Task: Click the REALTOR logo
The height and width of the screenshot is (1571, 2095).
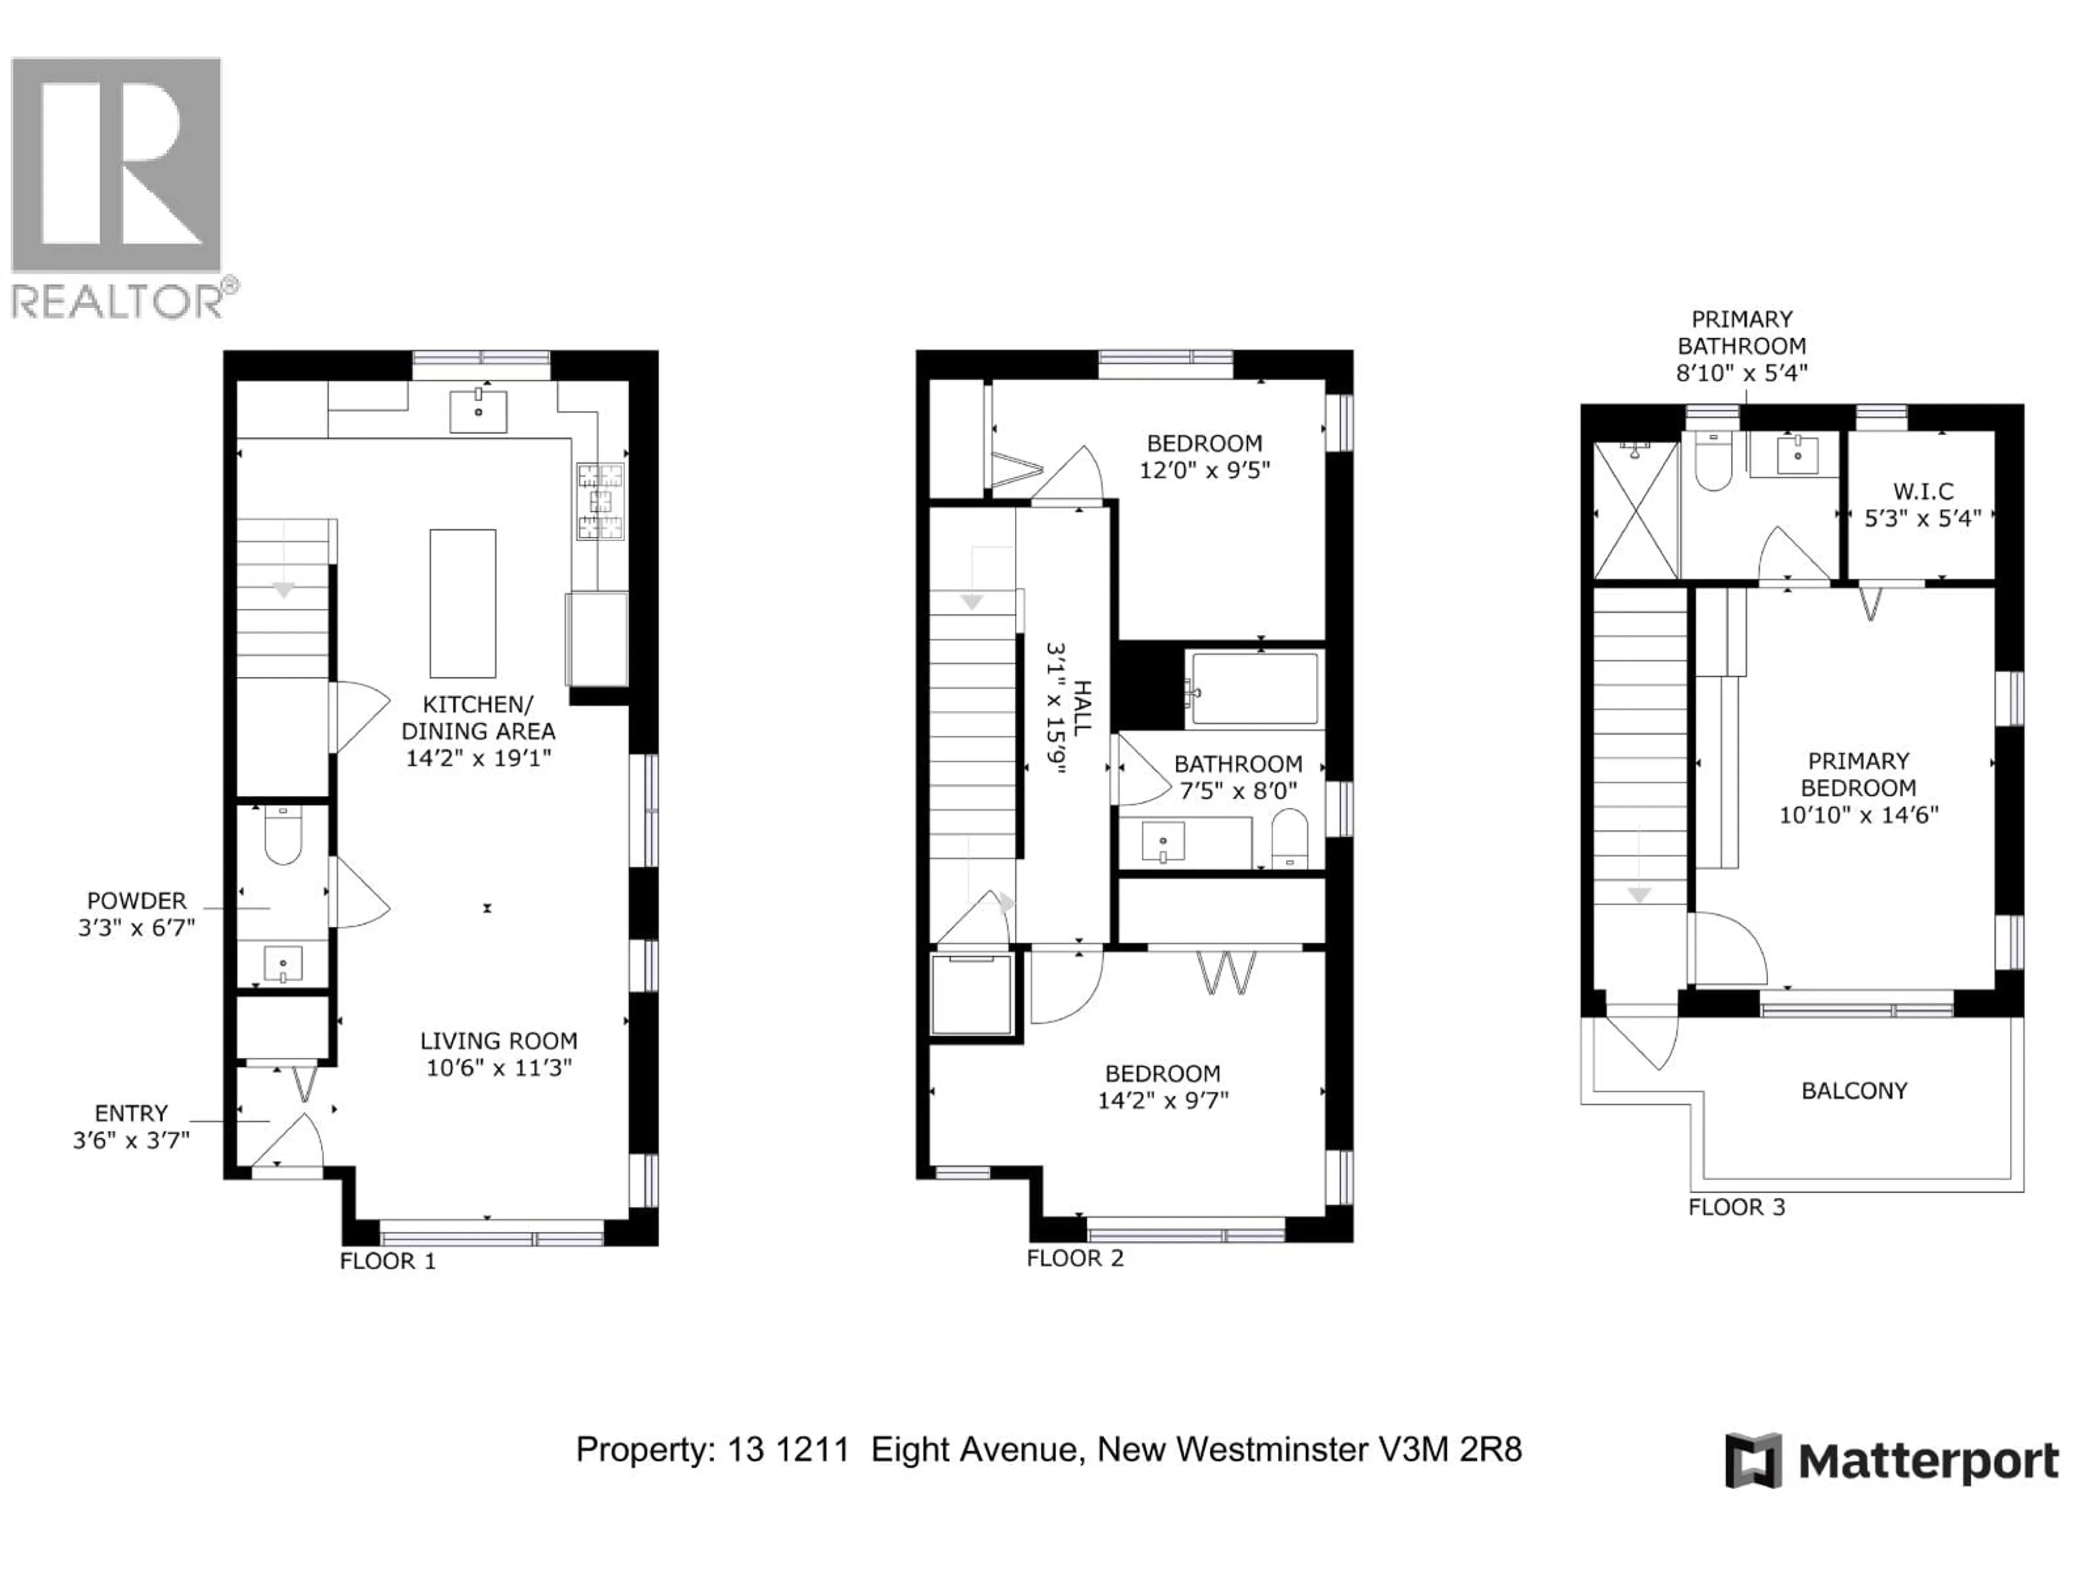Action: click(x=117, y=185)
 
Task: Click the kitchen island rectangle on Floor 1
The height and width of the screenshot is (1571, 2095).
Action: click(x=462, y=603)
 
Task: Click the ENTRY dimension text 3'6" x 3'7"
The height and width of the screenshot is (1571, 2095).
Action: click(x=131, y=1140)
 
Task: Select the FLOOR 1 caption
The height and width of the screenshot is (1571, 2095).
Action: click(x=387, y=1261)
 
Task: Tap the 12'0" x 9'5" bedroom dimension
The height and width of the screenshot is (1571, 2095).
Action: click(x=1204, y=471)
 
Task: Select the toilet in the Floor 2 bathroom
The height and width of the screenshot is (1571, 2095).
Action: click(x=1289, y=837)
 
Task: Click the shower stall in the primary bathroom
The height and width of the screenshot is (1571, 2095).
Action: click(x=1636, y=511)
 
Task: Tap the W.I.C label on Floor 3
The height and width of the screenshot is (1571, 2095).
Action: click(x=1923, y=491)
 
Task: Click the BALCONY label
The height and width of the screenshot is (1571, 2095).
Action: click(x=1853, y=1091)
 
